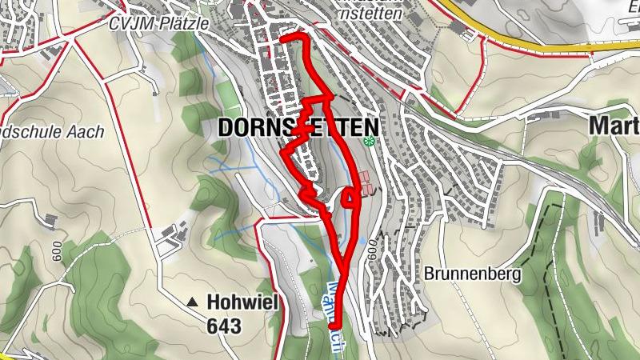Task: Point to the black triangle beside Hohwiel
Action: point(192,302)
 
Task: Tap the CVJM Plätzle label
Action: point(159,23)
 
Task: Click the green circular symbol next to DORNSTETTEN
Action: point(369,142)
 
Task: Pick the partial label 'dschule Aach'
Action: point(53,132)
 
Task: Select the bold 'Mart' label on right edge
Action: point(614,126)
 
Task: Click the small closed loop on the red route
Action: point(350,197)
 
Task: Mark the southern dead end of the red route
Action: point(332,326)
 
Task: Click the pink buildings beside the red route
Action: point(365,182)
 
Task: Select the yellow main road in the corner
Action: point(552,45)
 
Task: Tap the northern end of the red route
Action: point(282,38)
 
